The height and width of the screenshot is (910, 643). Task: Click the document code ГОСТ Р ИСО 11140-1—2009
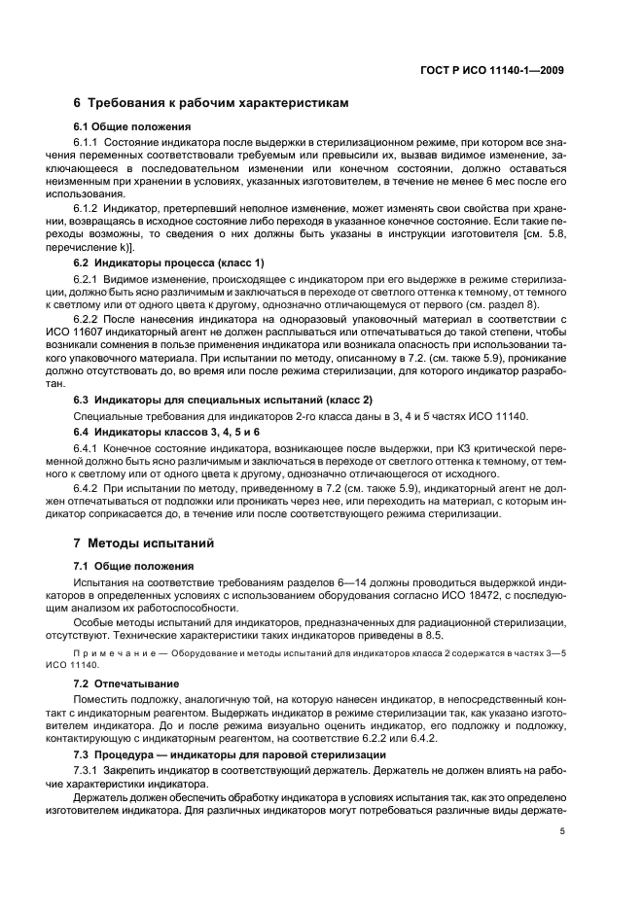click(495, 69)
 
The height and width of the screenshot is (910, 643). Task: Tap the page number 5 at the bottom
click(563, 831)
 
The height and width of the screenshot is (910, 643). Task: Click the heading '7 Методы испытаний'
click(143, 542)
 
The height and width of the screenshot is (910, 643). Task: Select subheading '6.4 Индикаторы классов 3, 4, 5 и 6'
click(167, 431)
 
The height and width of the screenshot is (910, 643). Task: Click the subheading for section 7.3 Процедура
click(198, 755)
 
